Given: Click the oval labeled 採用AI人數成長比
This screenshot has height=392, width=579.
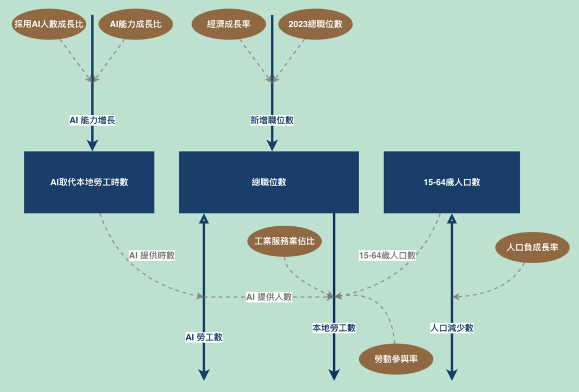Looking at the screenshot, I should (x=49, y=24).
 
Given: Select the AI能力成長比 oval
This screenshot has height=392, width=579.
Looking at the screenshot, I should (x=136, y=24).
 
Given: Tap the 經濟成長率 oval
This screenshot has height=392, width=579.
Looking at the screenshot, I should (x=229, y=24).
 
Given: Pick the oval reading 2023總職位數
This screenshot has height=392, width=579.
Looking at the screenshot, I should (x=315, y=24).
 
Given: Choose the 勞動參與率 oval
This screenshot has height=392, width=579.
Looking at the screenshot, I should (x=396, y=358).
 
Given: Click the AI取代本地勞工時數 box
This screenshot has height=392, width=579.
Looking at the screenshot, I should (x=89, y=182).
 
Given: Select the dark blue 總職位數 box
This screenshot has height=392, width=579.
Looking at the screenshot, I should (x=269, y=182).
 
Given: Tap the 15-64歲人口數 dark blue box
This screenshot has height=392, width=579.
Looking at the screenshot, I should (x=451, y=182).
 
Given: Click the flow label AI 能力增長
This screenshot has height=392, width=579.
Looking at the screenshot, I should (x=92, y=120).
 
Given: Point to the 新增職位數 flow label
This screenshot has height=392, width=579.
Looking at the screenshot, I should (x=272, y=120).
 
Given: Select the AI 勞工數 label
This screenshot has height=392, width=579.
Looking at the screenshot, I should (x=204, y=337).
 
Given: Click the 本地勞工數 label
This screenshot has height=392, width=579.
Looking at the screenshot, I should (x=334, y=328).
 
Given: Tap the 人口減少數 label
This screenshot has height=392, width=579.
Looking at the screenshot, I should (x=452, y=328).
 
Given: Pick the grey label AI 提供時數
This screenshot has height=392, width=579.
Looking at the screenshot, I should (x=152, y=255).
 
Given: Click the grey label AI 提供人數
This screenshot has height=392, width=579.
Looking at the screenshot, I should (x=269, y=296).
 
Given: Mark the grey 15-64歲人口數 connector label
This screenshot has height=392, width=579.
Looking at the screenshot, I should (x=387, y=255).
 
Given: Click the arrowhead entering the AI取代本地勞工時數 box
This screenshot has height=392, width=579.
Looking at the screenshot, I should (x=92, y=146).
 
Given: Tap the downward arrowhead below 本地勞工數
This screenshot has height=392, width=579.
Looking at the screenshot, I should (x=334, y=375).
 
